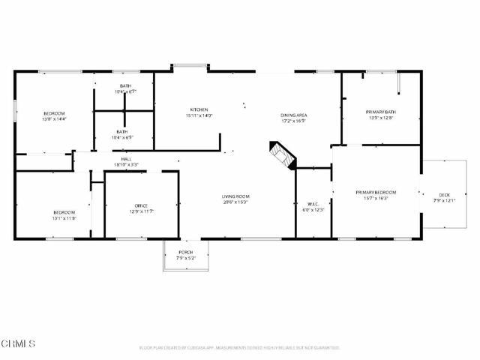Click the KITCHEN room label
(x=199, y=109)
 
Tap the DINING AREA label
(x=295, y=114)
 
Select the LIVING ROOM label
(x=235, y=196)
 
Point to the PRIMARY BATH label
(x=381, y=112)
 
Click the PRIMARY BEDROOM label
(x=376, y=193)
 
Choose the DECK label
(x=445, y=195)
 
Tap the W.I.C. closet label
(x=313, y=204)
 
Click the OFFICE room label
(x=140, y=206)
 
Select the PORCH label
(x=185, y=252)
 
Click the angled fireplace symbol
(x=283, y=154)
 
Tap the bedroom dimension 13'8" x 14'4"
(x=54, y=118)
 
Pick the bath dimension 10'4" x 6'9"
(x=122, y=138)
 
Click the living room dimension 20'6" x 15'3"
(x=235, y=202)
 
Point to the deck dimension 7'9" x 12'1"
(x=445, y=201)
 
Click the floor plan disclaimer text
(x=240, y=348)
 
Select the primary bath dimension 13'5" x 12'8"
(x=381, y=118)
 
